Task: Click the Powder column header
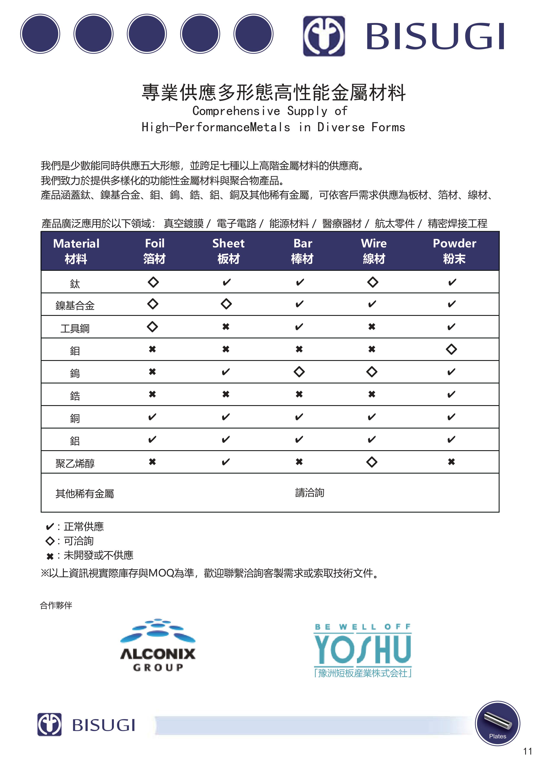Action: tap(454, 251)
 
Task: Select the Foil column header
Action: tap(154, 251)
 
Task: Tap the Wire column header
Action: tap(374, 251)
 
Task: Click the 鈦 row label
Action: tap(75, 284)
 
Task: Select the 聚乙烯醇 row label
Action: tap(75, 463)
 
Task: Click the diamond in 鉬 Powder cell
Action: tap(451, 349)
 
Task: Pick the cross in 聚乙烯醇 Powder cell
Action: tap(451, 462)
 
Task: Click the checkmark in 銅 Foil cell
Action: tap(152, 417)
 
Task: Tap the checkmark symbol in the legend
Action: tap(50, 526)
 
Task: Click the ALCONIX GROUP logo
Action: tap(158, 645)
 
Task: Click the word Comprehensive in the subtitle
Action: tap(236, 111)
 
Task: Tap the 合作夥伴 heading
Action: tap(56, 605)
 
